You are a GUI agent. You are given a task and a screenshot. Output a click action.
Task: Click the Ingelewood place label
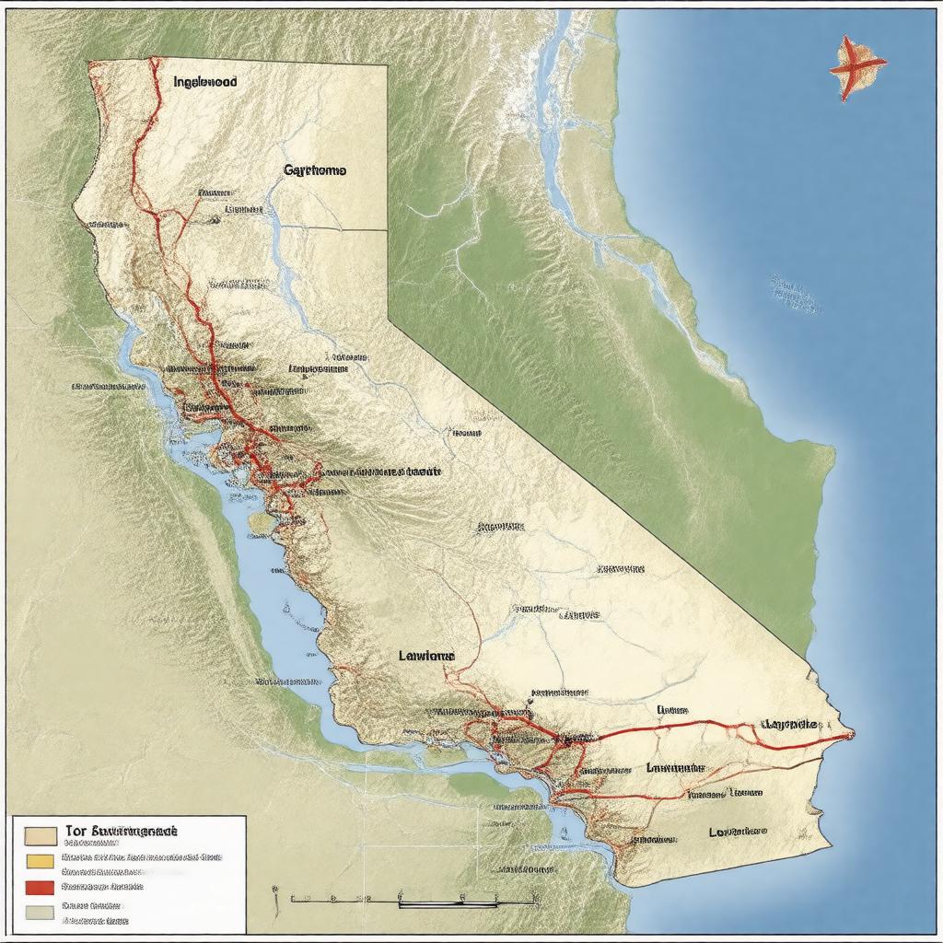[204, 82]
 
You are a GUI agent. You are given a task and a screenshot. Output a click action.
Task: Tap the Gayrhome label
[315, 170]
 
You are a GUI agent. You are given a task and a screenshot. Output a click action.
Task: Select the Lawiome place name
[426, 656]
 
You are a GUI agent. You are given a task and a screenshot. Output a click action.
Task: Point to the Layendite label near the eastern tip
[791, 725]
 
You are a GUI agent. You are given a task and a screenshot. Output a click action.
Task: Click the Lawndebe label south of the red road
[675, 767]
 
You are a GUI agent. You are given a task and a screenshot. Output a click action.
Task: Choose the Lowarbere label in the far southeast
[738, 831]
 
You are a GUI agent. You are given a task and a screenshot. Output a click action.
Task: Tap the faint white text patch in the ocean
[794, 293]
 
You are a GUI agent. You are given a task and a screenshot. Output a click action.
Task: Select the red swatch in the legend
[40, 887]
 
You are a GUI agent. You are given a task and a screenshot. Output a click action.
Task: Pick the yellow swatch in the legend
[40, 861]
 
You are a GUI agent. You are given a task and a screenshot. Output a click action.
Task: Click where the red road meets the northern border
[151, 62]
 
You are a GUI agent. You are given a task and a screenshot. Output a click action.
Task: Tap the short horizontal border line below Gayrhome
[341, 228]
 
